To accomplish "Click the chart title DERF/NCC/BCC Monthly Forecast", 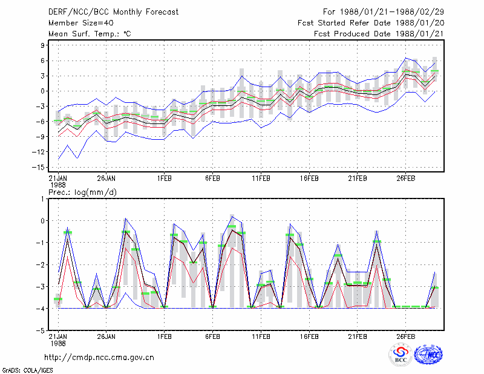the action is [113, 12].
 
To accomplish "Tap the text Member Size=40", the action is [81, 23].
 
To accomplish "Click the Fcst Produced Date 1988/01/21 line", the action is [379, 34].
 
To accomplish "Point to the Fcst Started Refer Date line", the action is [371, 23].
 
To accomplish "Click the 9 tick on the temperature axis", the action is [42, 45].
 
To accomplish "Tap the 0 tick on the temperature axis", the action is [42, 91].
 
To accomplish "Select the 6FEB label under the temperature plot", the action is [212, 179].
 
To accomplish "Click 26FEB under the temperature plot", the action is [405, 179].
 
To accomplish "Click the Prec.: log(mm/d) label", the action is [82, 192].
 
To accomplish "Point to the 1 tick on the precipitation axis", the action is [42, 199].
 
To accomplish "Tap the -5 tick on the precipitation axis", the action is [41, 330].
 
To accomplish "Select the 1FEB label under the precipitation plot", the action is [164, 336].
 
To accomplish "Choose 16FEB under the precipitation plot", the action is [309, 336].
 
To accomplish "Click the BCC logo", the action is [401, 355].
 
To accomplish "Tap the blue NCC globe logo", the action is [428, 355].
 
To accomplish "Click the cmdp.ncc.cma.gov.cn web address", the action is [99, 358].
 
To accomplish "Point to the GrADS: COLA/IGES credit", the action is [28, 370].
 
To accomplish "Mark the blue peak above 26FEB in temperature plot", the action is [406, 57].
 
